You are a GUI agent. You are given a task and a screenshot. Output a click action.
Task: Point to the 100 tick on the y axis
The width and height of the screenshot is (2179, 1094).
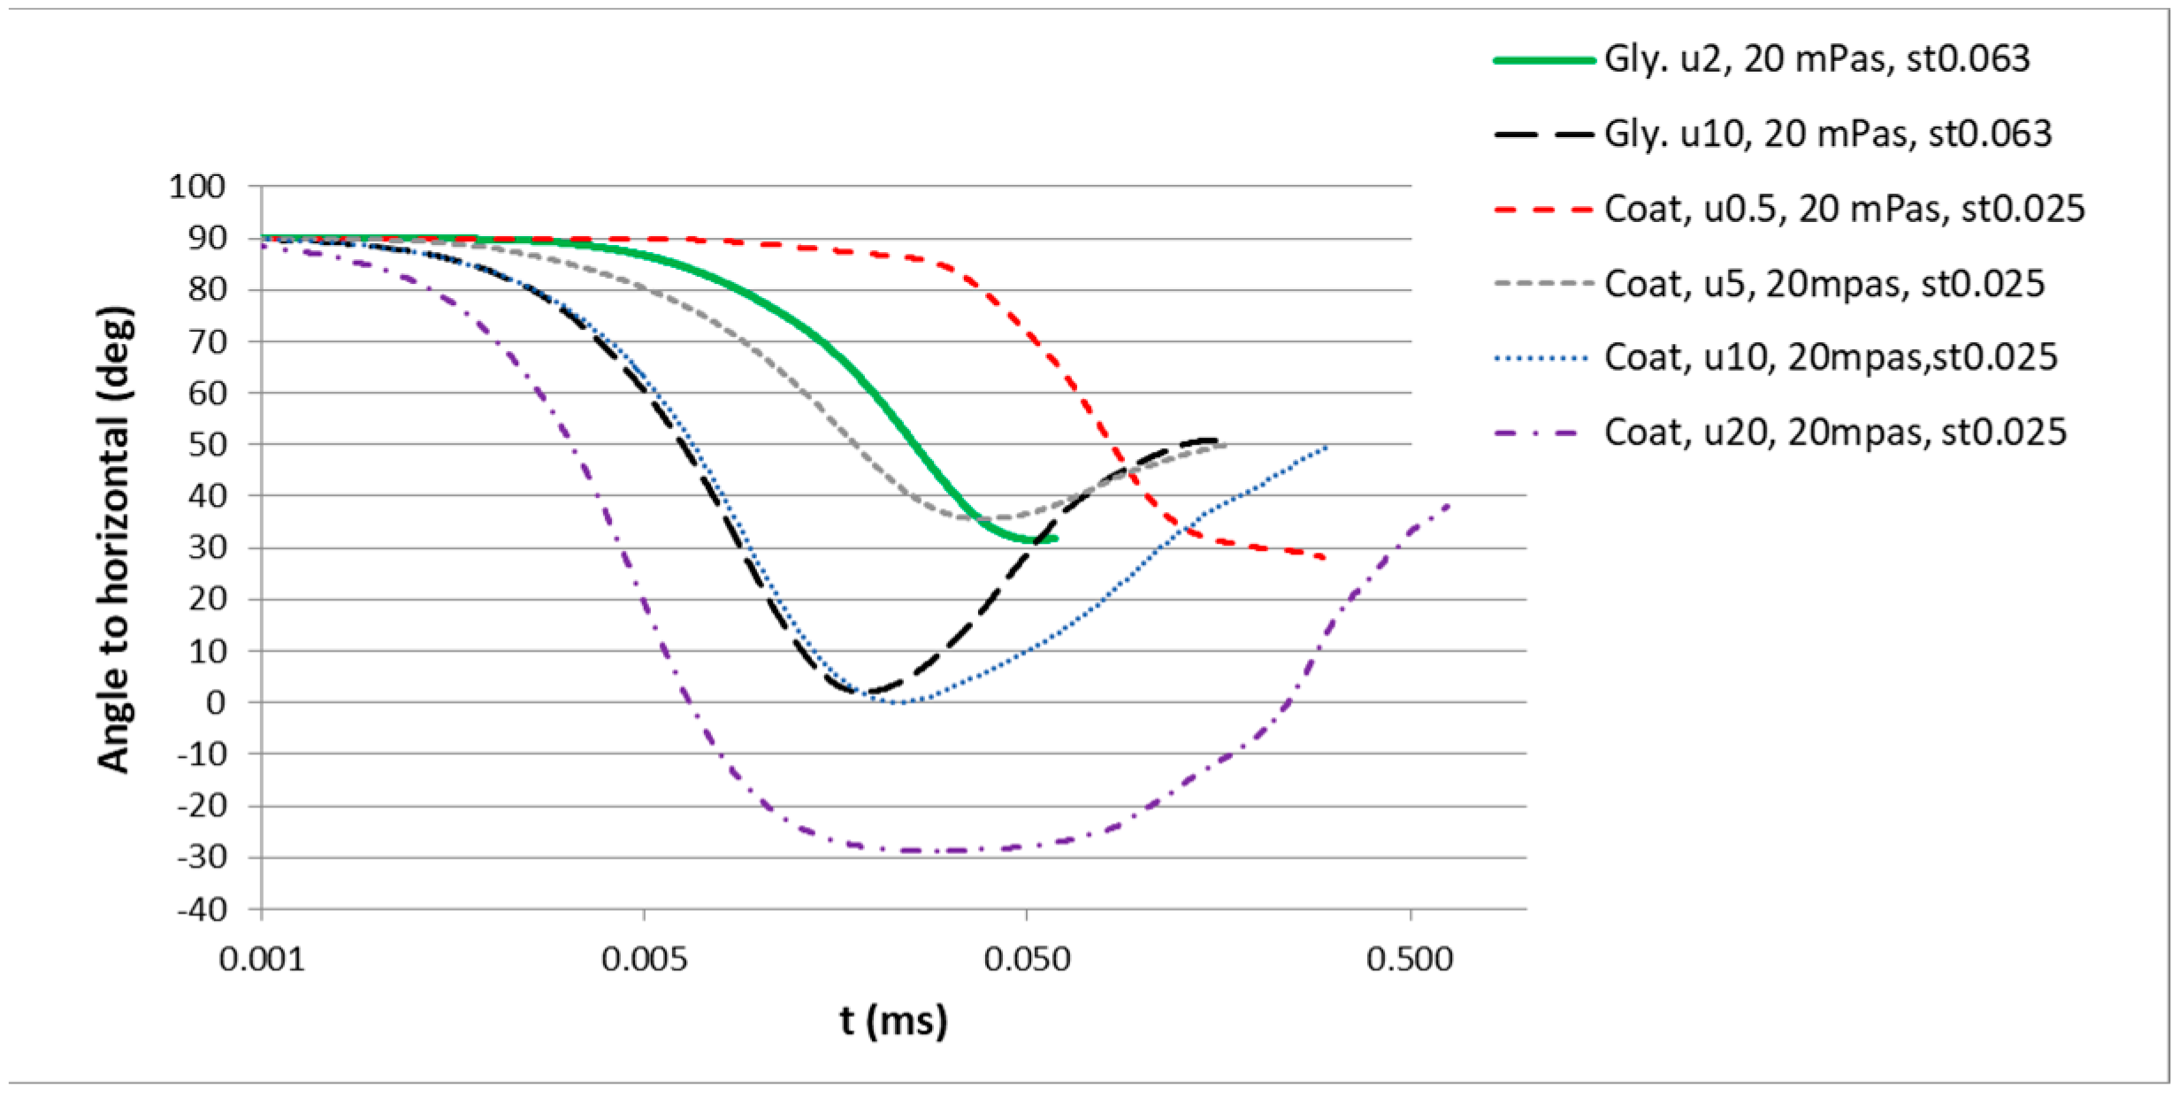pos(198,187)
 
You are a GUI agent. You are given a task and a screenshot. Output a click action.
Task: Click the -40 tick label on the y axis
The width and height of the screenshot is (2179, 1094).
pos(202,909)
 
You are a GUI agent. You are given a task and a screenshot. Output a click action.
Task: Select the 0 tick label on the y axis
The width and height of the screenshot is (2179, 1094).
pos(216,703)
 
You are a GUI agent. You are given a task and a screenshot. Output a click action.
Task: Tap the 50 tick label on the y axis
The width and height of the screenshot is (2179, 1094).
pos(207,445)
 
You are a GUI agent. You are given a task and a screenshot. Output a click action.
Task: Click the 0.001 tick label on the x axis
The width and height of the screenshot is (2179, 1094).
pos(262,960)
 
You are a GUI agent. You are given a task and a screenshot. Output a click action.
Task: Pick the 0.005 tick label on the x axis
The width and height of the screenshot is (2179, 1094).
pos(644,960)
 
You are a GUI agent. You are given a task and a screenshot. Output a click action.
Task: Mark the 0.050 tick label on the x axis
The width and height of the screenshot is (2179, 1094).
pos(1027,960)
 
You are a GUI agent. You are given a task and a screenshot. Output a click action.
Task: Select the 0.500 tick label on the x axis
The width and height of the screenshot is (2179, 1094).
pos(1410,960)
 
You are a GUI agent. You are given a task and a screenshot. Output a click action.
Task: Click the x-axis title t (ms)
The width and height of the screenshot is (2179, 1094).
pos(893,1021)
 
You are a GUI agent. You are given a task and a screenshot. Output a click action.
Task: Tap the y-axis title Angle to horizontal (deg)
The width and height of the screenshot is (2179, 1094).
pos(115,539)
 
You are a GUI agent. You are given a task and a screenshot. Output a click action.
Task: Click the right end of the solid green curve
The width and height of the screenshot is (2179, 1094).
pos(1055,539)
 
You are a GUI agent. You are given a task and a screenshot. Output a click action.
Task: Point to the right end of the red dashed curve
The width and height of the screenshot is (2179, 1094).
pos(1325,558)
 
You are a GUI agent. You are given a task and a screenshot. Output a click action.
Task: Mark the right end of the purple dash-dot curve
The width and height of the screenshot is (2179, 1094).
pos(1450,504)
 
